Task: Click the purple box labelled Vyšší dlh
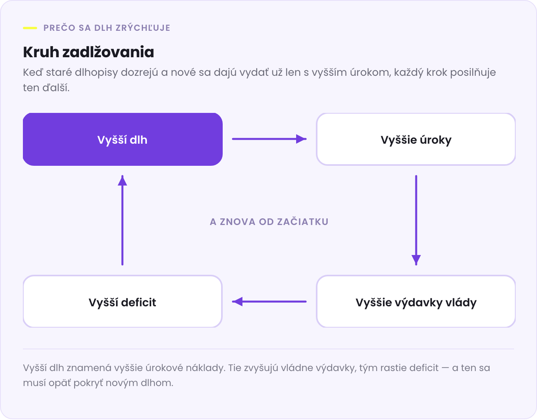click(x=122, y=139)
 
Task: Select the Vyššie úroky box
click(x=416, y=139)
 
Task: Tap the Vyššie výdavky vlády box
click(x=416, y=302)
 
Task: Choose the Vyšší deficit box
click(x=122, y=302)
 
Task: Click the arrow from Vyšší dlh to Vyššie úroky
click(x=269, y=139)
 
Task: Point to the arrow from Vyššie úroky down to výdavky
click(x=416, y=220)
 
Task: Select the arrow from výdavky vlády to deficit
click(x=269, y=302)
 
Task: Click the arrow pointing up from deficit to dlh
click(x=122, y=220)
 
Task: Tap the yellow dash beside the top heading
click(x=30, y=28)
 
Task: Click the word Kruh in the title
click(x=41, y=52)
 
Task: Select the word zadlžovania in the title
click(x=108, y=52)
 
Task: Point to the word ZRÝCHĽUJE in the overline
click(x=143, y=28)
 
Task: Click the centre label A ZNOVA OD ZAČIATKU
click(x=269, y=221)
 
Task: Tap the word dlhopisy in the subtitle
click(x=96, y=73)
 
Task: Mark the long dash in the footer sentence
click(x=445, y=368)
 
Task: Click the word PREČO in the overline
click(x=59, y=28)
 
